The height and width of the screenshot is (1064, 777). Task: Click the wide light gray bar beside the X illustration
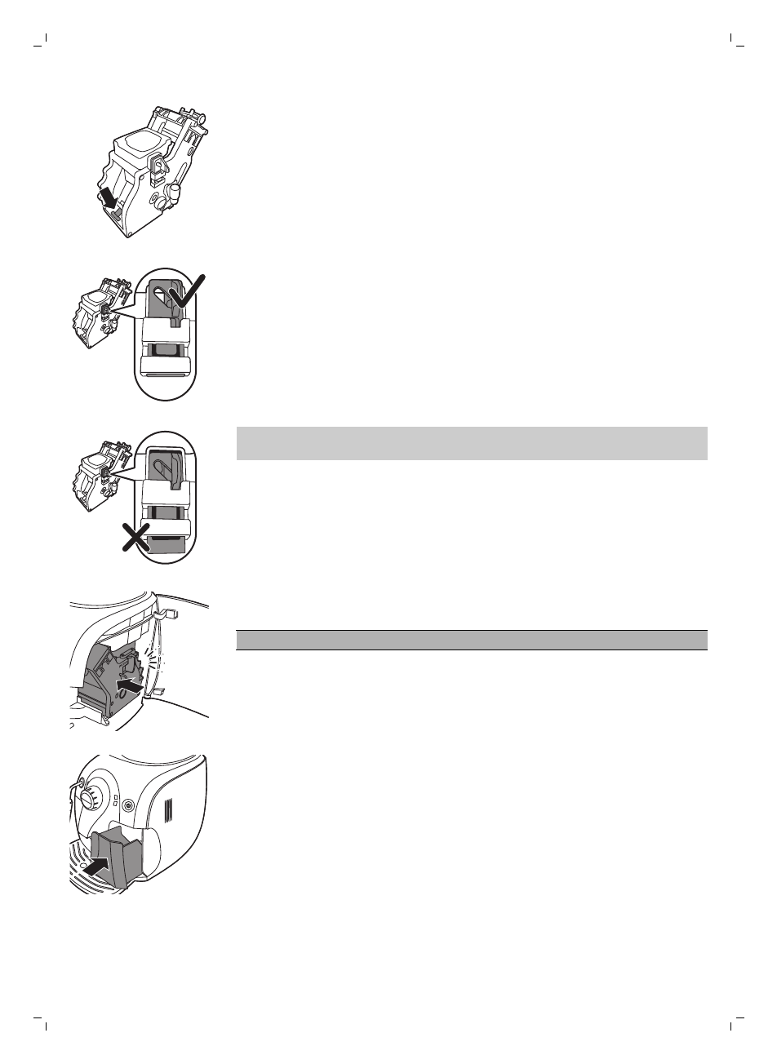tap(471, 443)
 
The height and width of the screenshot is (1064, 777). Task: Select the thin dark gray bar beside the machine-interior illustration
tap(471, 639)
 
